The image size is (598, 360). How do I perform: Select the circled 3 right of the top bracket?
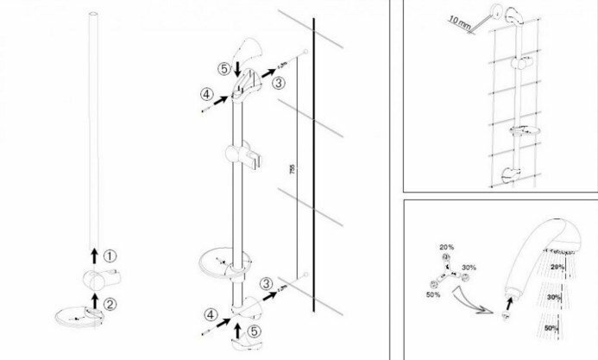(x=278, y=83)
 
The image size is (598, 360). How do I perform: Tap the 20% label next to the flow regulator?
(x=447, y=247)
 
